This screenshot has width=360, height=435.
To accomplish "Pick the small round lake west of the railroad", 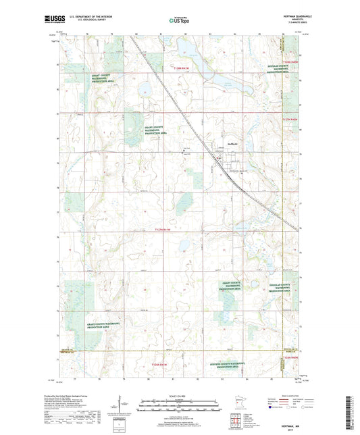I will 144,89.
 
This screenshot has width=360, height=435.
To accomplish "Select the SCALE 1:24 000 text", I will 180,396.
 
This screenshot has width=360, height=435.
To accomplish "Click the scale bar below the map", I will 180,403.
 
